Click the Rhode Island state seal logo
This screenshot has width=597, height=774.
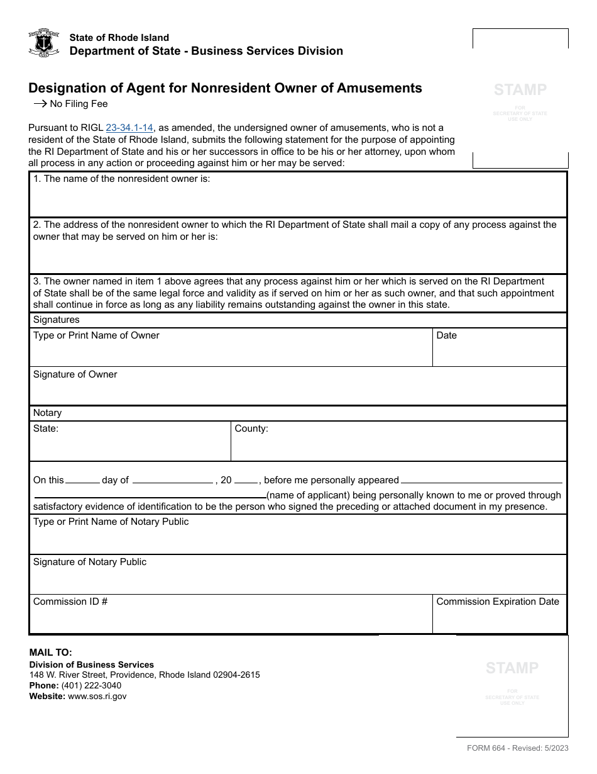[x=44, y=43]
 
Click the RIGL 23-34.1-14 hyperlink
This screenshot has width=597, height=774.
[x=129, y=128]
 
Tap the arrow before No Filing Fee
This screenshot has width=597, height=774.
[x=40, y=104]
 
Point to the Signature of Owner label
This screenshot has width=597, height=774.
[x=75, y=374]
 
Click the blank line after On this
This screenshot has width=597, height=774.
[x=82, y=480]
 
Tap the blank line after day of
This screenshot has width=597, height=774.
[x=172, y=480]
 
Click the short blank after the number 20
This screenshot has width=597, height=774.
[x=246, y=480]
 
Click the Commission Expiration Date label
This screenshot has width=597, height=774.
[x=498, y=602]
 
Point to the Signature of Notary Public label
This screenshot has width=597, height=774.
[x=89, y=562]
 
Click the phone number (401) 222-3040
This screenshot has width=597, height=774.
[x=91, y=685]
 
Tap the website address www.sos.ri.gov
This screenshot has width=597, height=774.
[x=97, y=696]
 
